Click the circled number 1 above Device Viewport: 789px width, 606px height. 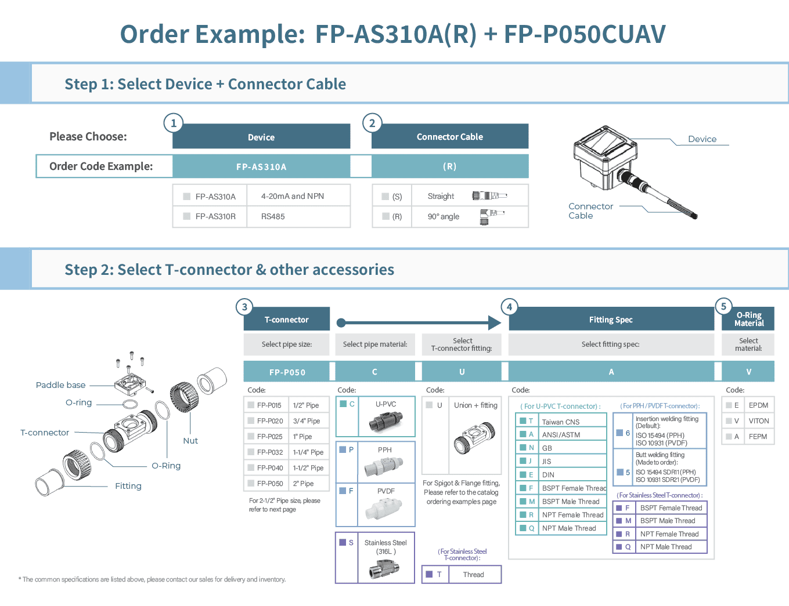point(173,123)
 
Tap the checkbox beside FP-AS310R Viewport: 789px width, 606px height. point(187,216)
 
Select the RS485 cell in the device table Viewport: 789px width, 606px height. point(273,216)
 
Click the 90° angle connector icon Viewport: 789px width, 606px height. point(491,216)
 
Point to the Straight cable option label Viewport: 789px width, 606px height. point(441,196)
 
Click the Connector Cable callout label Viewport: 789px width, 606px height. point(590,211)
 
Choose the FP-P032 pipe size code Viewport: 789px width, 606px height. point(270,452)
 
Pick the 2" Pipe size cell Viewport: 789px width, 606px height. point(303,484)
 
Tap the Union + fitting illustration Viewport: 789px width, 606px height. point(474,438)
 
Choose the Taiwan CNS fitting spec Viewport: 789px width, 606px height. point(560,422)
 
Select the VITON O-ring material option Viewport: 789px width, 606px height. point(758,421)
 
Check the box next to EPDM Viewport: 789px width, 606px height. point(729,405)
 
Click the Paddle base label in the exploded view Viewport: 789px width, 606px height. point(60,385)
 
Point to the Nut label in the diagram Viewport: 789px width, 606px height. point(190,441)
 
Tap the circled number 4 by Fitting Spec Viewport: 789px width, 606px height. point(509,307)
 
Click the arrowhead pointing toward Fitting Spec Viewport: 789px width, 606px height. point(494,323)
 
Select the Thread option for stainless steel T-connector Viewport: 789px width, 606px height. point(473,575)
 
